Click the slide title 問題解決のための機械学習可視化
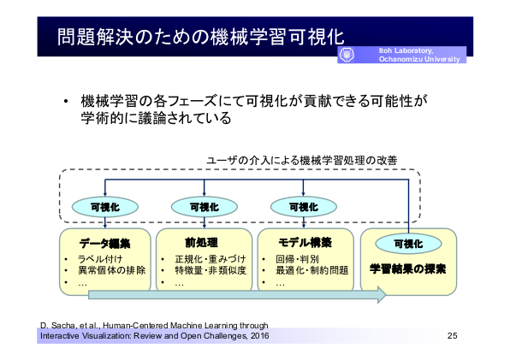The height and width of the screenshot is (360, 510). [200, 37]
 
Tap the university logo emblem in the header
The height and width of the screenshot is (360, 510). [347, 55]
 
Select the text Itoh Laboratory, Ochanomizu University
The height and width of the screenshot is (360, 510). [419, 55]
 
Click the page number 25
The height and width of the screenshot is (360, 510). [452, 336]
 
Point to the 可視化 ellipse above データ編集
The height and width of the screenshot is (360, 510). [105, 207]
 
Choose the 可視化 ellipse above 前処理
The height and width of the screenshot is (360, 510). [205, 207]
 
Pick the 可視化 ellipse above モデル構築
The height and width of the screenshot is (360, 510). [304, 207]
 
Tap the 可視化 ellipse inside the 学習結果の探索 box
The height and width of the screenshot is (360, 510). [408, 244]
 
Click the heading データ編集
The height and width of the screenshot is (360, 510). [104, 244]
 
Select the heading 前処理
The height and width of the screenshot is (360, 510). [201, 243]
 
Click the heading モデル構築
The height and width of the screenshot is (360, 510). [305, 243]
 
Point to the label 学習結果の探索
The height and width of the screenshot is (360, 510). [407, 269]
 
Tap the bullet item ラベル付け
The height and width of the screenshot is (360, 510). [100, 259]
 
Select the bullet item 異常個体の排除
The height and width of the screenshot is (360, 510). [111, 270]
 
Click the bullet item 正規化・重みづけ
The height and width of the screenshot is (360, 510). [211, 259]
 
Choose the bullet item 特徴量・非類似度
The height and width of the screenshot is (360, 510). [211, 270]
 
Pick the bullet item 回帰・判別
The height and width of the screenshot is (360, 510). [297, 259]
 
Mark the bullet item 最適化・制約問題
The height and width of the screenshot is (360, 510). [312, 270]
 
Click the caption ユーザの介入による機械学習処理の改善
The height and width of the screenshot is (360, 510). [301, 161]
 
